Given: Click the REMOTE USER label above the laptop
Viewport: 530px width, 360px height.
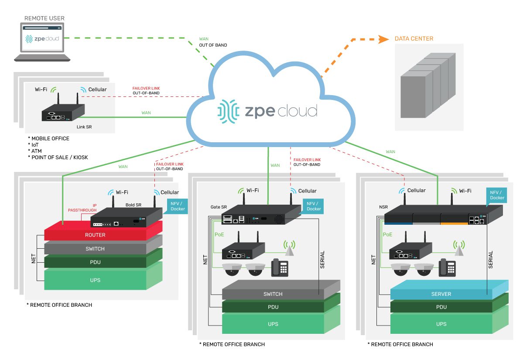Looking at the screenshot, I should point(44,18).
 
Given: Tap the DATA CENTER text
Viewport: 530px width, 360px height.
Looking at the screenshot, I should point(414,38).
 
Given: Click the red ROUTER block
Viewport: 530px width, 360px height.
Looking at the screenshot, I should point(96,235).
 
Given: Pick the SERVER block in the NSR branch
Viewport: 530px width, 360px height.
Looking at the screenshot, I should point(441,294).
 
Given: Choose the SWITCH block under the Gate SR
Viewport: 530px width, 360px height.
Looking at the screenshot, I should point(273,294).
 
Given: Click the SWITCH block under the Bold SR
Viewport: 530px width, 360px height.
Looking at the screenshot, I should point(96,249).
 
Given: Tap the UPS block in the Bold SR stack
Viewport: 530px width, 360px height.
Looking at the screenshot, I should point(96,280).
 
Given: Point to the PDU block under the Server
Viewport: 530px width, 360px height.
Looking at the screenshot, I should point(441,307).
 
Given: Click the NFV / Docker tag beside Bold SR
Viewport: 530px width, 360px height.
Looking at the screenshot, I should point(177,206).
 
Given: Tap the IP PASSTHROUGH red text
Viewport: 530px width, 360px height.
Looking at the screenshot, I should point(82,208).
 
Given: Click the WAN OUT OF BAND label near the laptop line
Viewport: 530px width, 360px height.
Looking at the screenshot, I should point(212,42).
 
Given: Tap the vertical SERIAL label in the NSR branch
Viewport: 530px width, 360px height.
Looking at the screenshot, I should point(490,259).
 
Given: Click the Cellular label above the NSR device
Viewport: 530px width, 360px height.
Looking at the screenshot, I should point(416,191).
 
